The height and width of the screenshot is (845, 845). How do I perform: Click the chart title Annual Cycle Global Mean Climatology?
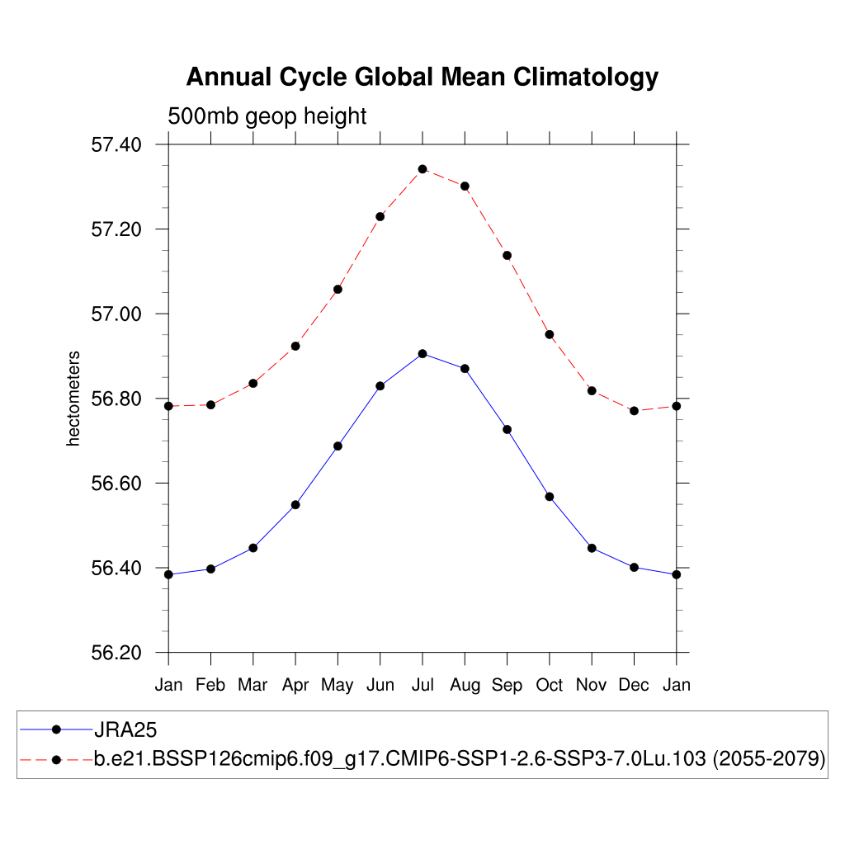tap(422, 77)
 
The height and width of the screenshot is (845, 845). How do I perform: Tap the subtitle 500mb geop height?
tap(267, 116)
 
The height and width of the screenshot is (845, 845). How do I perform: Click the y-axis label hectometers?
tap(74, 399)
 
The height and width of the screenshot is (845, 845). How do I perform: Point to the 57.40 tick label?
tap(116, 144)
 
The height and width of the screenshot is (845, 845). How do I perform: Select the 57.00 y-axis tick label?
tap(116, 314)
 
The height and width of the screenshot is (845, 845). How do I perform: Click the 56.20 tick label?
tap(116, 653)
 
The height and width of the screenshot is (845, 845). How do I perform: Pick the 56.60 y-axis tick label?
tap(116, 484)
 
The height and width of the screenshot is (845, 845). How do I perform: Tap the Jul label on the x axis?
tap(422, 685)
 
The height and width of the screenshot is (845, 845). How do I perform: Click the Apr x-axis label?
tap(295, 685)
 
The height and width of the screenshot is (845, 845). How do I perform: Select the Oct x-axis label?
tap(550, 685)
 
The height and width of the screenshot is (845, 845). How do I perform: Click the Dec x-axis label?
tap(634, 685)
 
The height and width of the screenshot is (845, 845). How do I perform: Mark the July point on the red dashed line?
tap(422, 169)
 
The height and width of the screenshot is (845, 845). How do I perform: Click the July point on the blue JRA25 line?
tap(422, 353)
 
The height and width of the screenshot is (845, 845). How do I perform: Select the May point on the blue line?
tap(338, 446)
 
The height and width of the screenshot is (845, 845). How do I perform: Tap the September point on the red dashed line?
tap(507, 255)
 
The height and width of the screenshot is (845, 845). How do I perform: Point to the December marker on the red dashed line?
tap(634, 410)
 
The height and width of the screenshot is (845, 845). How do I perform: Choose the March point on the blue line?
tap(253, 548)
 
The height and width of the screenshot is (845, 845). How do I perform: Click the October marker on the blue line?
tap(550, 497)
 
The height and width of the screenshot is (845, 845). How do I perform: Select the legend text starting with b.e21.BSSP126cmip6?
tap(460, 759)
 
